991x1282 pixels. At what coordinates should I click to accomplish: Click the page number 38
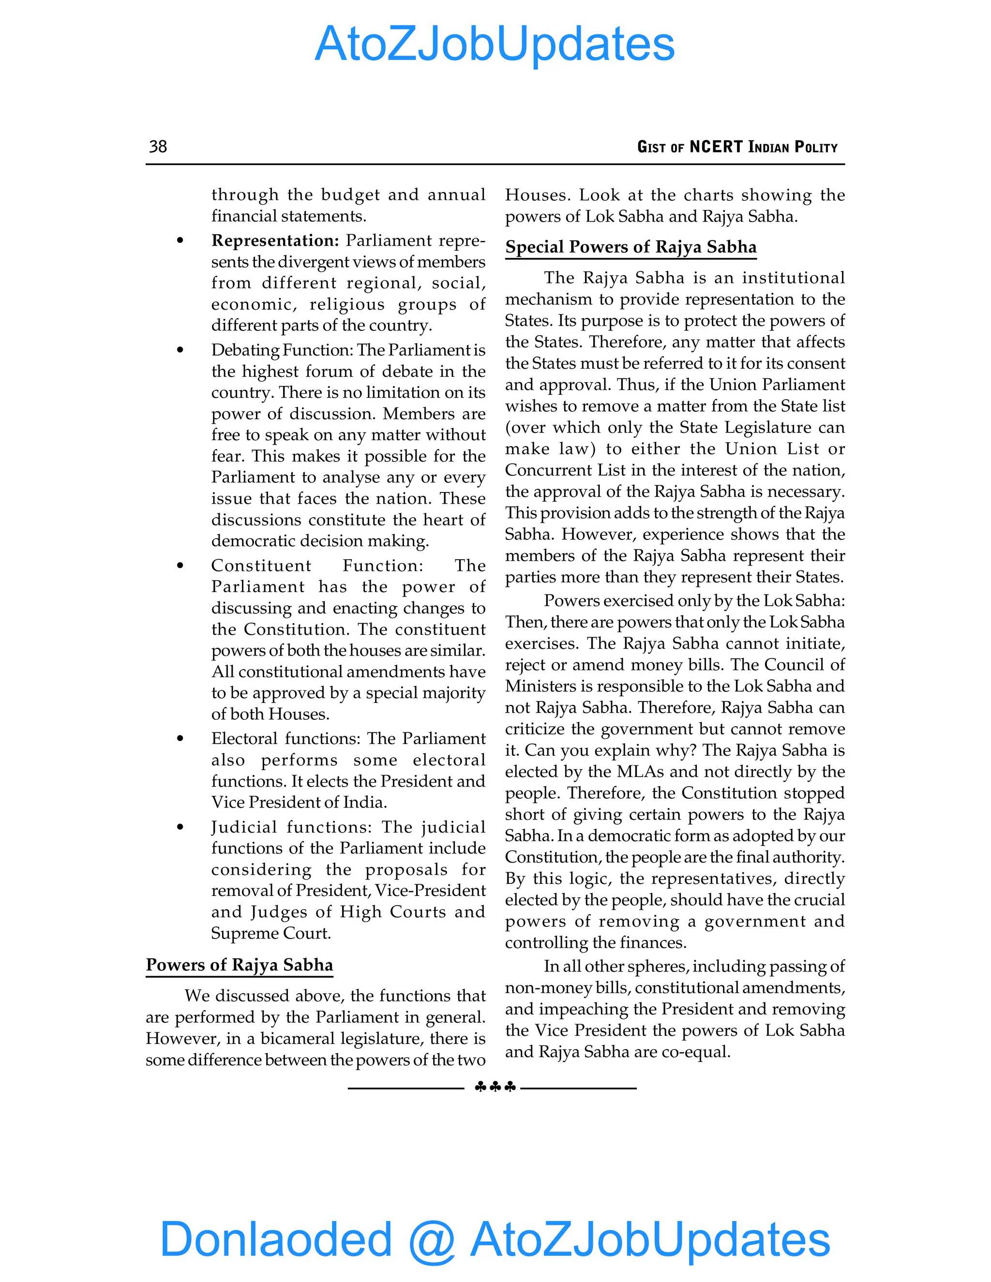pos(158,146)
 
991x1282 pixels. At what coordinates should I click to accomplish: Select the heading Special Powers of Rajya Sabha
pos(631,247)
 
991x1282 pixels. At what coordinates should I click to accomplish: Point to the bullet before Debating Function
pos(180,350)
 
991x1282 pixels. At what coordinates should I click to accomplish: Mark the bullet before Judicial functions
pos(180,827)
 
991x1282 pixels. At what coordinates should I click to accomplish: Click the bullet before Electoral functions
pos(180,739)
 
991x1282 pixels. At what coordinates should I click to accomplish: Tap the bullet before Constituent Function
pos(180,566)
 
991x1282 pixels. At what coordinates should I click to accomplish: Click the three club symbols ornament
pos(495,1087)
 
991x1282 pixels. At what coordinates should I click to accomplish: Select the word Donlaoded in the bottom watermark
pos(275,1238)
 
